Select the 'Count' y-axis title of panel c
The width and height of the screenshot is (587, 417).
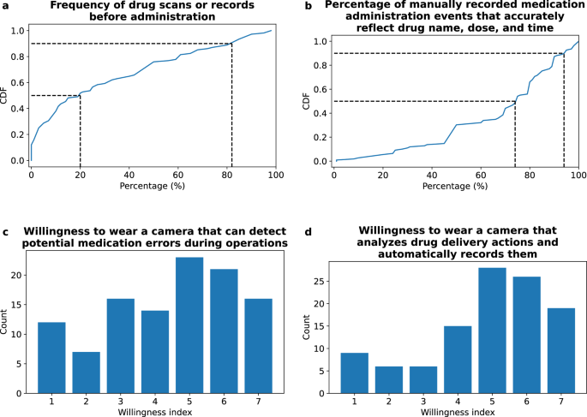[x=6, y=319]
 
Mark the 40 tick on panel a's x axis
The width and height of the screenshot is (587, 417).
[x=129, y=174]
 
